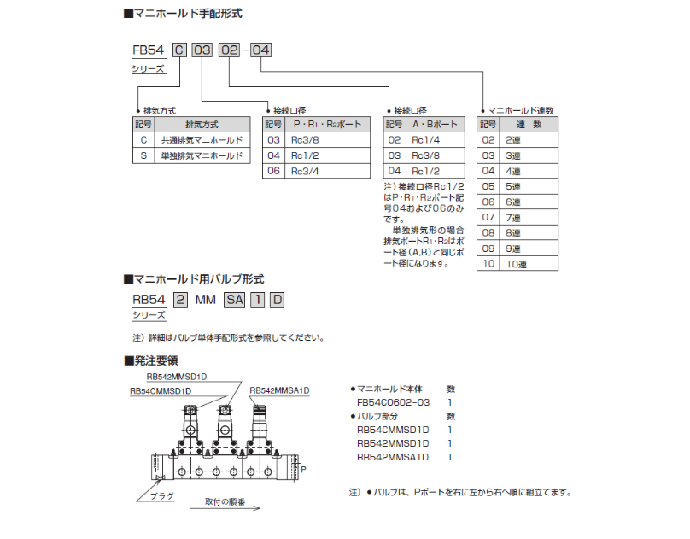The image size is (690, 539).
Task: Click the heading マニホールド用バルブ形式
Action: click(x=199, y=278)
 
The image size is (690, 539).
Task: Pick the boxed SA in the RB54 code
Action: click(x=234, y=299)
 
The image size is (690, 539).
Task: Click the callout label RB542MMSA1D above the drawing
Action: click(x=279, y=390)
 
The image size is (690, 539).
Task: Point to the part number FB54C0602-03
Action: click(x=392, y=402)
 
